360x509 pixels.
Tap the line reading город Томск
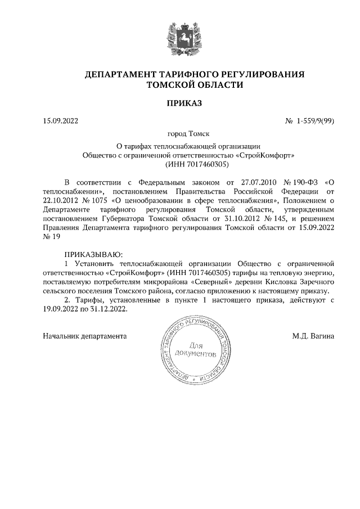click(179, 134)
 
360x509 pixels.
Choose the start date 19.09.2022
click(62, 309)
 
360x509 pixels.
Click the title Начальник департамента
click(84, 336)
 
